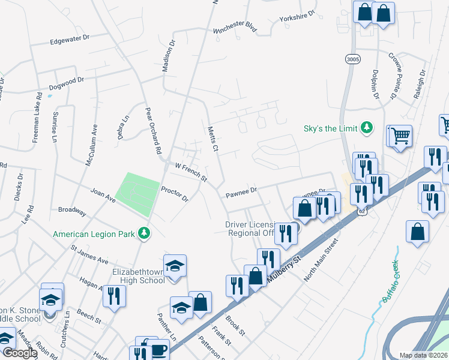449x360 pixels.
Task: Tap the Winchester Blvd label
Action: pyautogui.click(x=235, y=29)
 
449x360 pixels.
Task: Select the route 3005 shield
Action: pyautogui.click(x=352, y=59)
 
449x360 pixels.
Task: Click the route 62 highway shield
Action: pyautogui.click(x=361, y=211)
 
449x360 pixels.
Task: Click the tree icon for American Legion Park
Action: pyautogui.click(x=144, y=233)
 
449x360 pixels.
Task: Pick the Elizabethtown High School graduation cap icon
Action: pyautogui.click(x=175, y=265)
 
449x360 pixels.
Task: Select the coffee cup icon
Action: pyautogui.click(x=159, y=350)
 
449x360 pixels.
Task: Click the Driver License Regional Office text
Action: pyautogui.click(x=249, y=229)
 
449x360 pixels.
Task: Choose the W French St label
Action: pyautogui.click(x=190, y=172)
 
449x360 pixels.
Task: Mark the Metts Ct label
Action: pyautogui.click(x=212, y=139)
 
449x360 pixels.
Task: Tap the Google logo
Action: pyautogui.click(x=19, y=353)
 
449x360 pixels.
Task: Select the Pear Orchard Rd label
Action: pyautogui.click(x=154, y=131)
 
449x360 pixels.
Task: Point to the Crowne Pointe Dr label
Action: pyautogui.click(x=393, y=75)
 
